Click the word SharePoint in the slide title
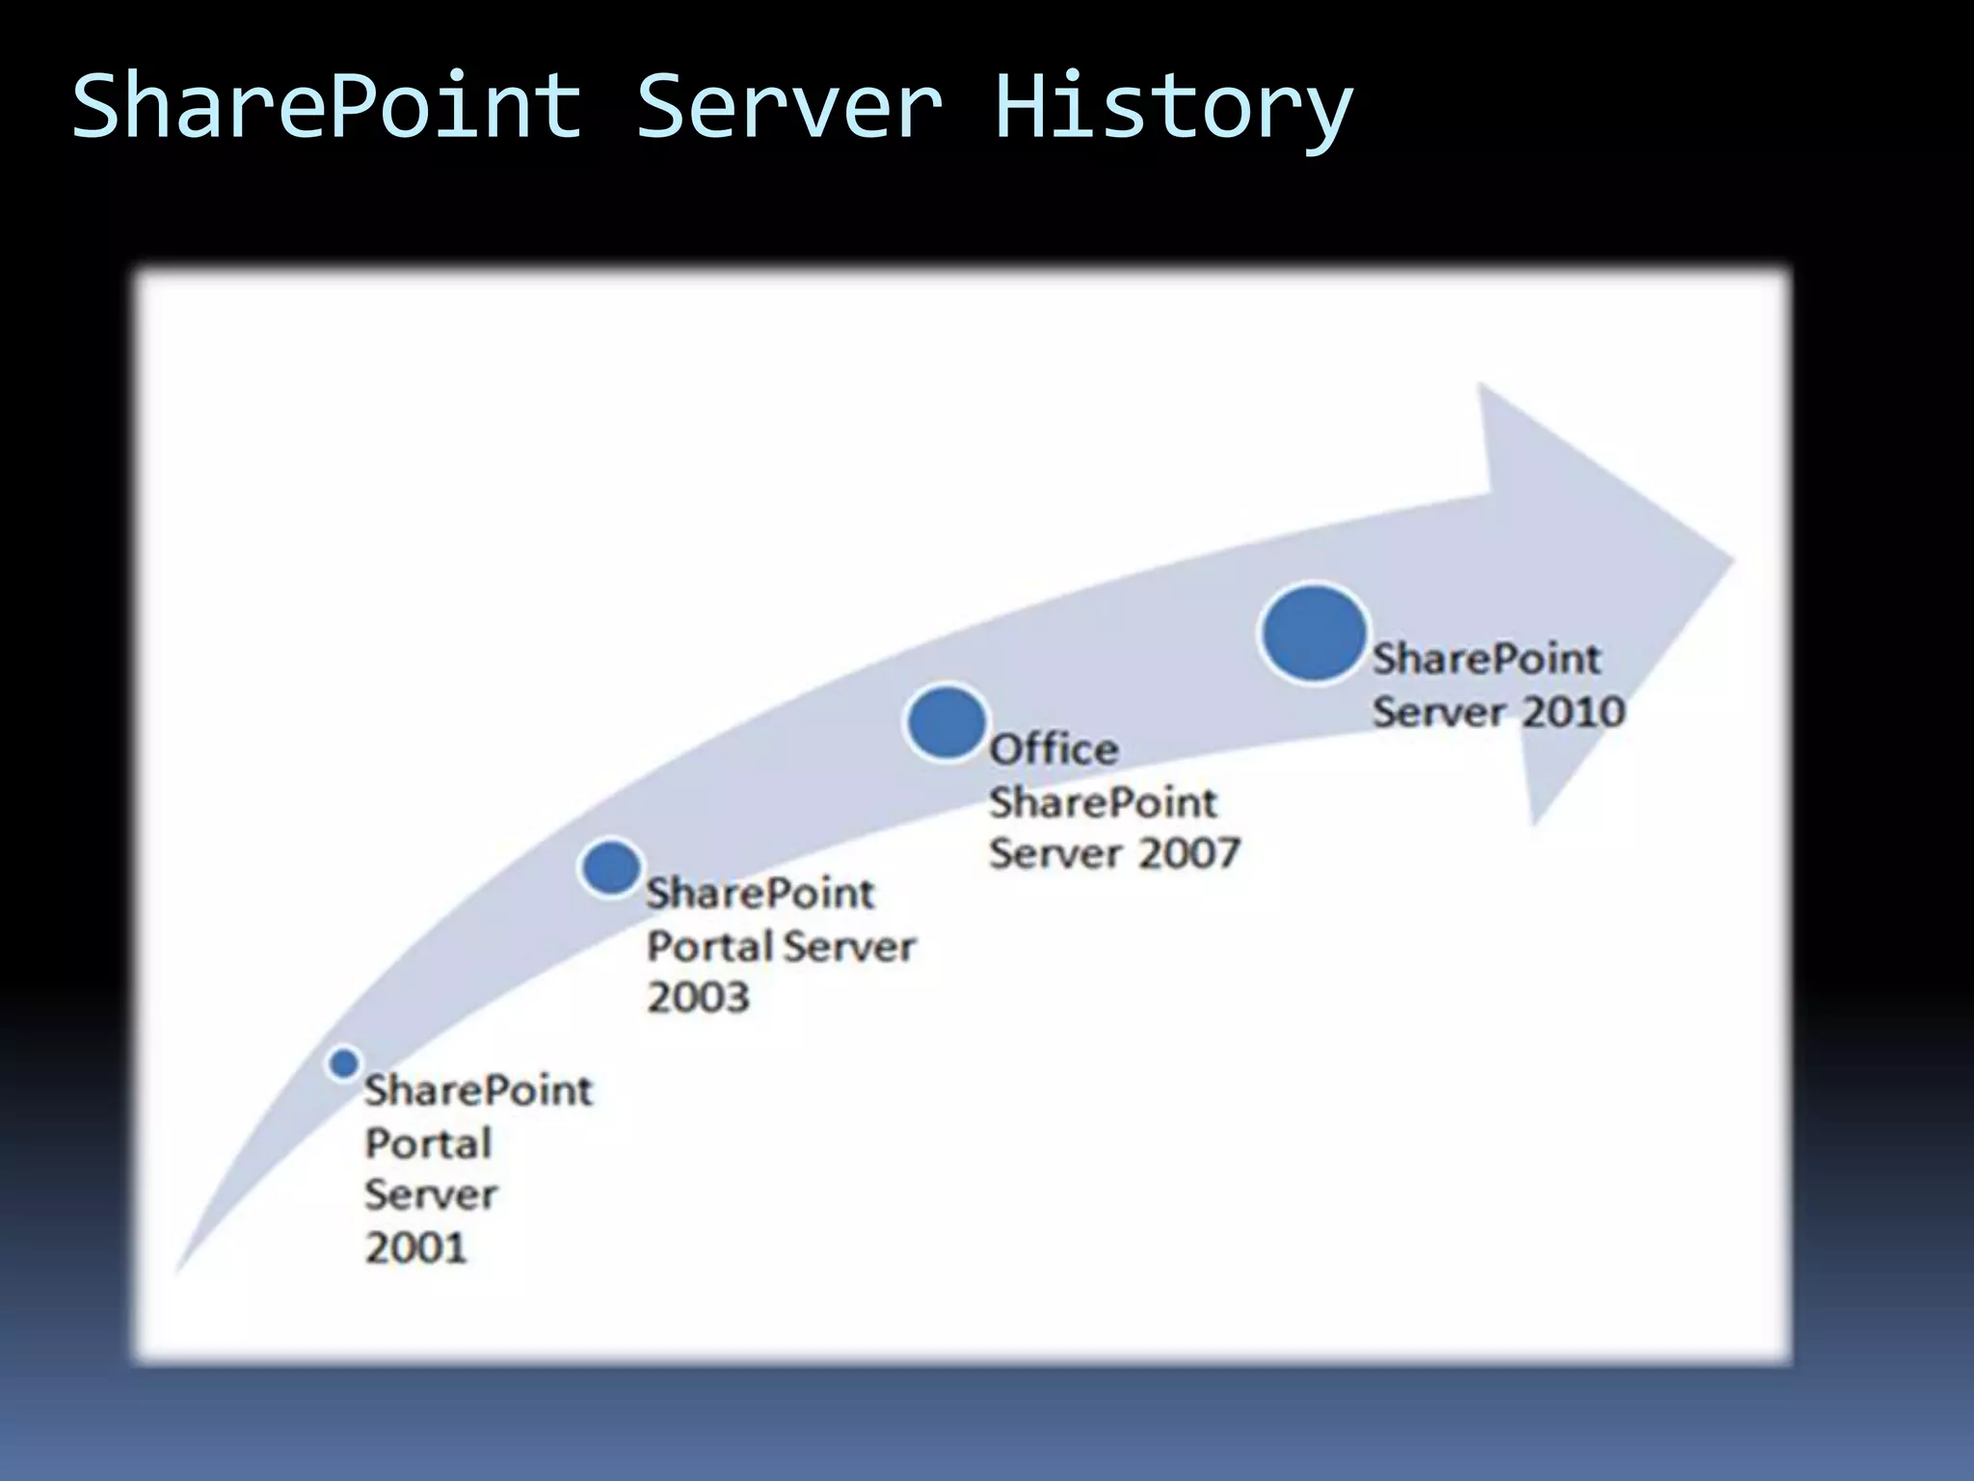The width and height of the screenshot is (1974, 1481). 326,106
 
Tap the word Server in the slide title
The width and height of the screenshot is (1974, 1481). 788,106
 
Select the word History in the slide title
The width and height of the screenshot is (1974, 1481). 1172,108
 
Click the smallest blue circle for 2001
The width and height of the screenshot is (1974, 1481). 343,1064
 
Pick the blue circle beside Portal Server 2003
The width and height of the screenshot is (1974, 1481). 611,867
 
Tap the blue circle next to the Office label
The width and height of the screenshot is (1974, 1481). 947,722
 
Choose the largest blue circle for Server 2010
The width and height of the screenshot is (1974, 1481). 1313,633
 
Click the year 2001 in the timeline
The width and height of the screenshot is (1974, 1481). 415,1248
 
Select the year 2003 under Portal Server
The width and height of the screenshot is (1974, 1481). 698,997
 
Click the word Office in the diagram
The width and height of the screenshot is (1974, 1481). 1054,749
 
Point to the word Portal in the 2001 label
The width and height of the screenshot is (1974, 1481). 429,1144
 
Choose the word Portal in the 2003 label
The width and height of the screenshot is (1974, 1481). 710,946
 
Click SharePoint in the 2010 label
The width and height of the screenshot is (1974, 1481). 1485,660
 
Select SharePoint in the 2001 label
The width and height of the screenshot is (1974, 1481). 478,1091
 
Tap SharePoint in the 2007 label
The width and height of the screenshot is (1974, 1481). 1103,802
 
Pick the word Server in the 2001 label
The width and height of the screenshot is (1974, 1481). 431,1196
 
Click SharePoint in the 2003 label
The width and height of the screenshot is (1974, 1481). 760,894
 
